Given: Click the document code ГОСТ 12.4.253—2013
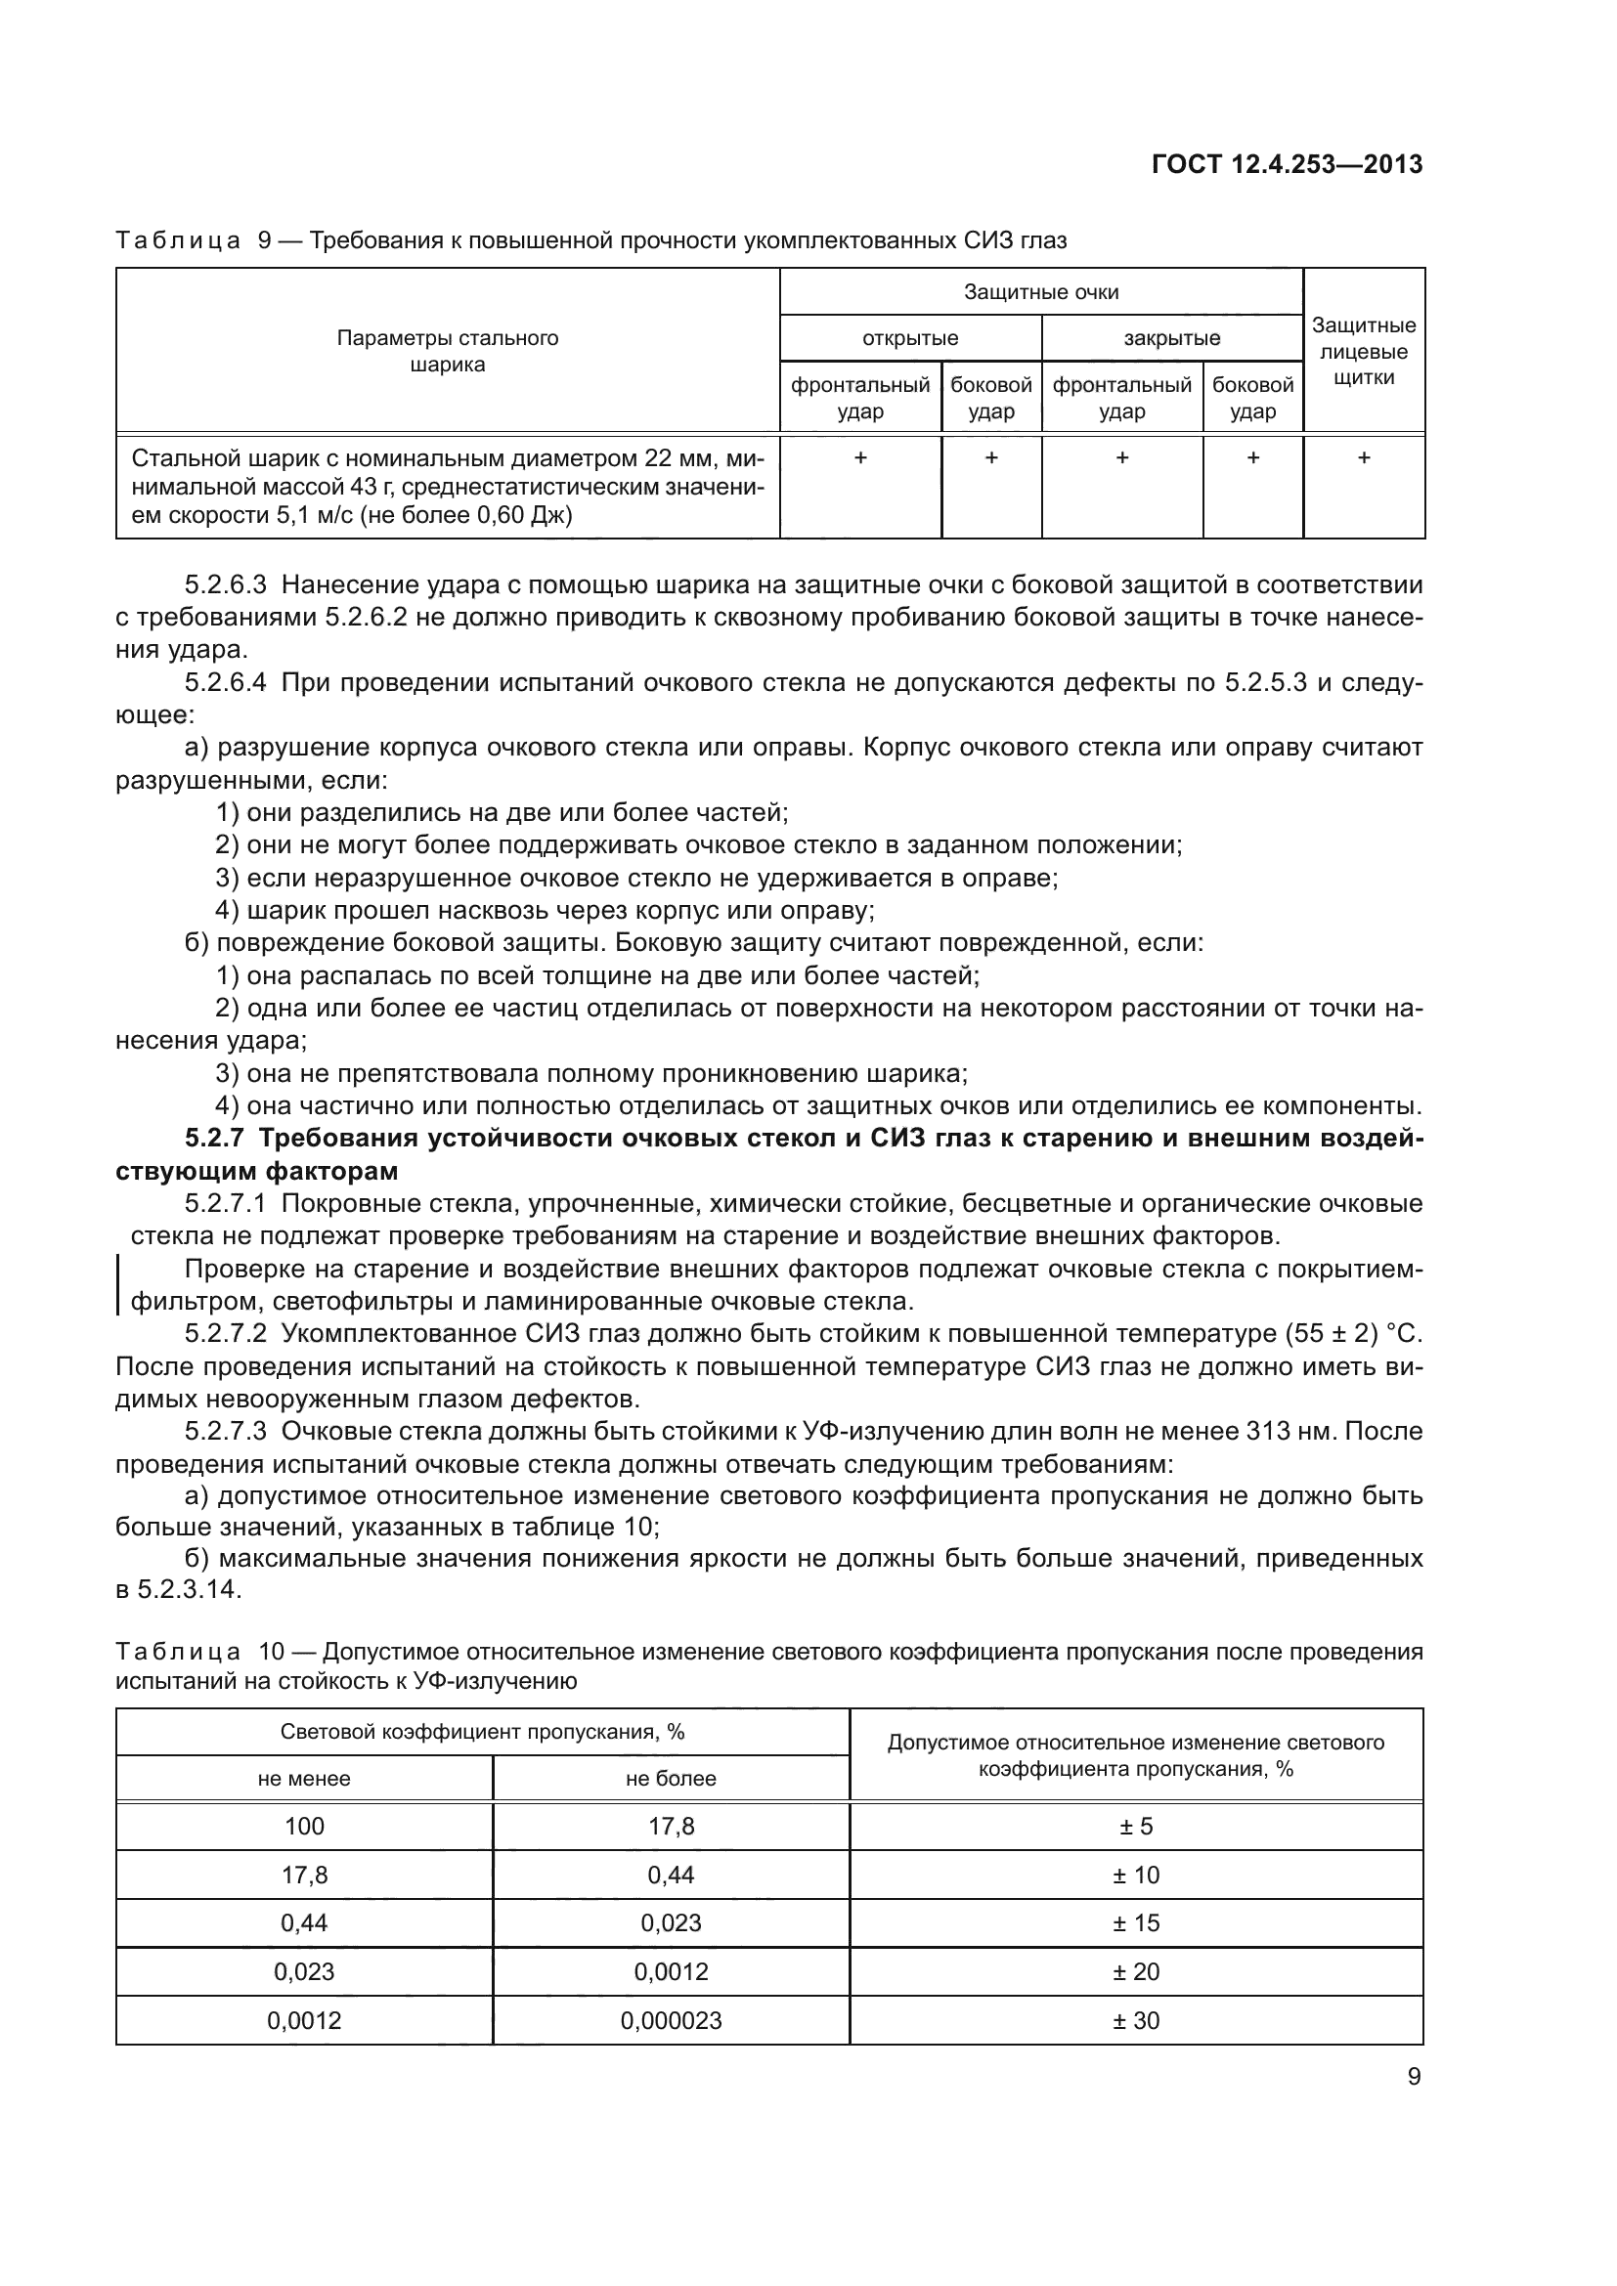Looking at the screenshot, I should [1287, 164].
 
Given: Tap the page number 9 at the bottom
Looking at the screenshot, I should [1414, 2077].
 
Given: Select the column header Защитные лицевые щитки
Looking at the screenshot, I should [1363, 352].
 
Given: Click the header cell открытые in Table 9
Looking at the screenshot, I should [910, 338].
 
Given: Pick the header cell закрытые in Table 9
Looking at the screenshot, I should [1172, 338].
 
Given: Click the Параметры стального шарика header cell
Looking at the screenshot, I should [447, 352].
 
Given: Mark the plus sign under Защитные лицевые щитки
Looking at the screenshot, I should [1363, 458].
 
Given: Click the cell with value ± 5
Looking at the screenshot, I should [1136, 1827].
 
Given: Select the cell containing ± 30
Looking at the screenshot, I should [1136, 2021].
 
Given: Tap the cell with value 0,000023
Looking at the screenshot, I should [671, 2021].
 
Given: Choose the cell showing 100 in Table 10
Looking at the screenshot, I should [305, 1827].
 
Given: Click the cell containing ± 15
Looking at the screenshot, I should [1136, 1923].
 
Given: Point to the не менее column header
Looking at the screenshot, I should [305, 1779].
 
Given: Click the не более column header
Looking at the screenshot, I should [671, 1779].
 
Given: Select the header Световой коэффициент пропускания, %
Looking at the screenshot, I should [482, 1733].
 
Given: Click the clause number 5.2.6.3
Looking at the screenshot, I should [225, 585].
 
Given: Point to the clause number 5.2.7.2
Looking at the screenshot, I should [225, 1333].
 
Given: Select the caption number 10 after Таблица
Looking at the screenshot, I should [272, 1653].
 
